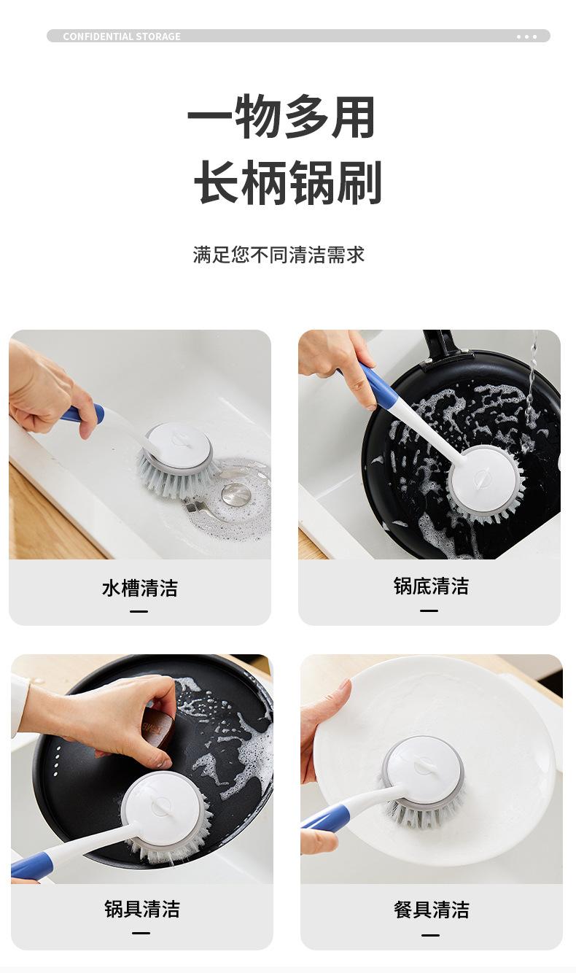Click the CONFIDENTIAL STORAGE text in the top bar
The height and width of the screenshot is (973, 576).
tap(122, 36)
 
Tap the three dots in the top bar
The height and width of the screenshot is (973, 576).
tap(526, 37)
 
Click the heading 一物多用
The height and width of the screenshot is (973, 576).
tap(281, 116)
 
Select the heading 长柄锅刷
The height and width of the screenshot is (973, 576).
tap(288, 182)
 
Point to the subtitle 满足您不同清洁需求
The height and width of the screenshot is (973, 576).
tap(279, 255)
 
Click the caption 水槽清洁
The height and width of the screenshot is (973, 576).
tap(140, 588)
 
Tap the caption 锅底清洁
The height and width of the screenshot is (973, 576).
tap(431, 586)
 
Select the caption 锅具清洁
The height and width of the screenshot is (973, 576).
tap(142, 909)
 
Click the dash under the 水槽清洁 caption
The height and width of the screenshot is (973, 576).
tap(139, 611)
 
